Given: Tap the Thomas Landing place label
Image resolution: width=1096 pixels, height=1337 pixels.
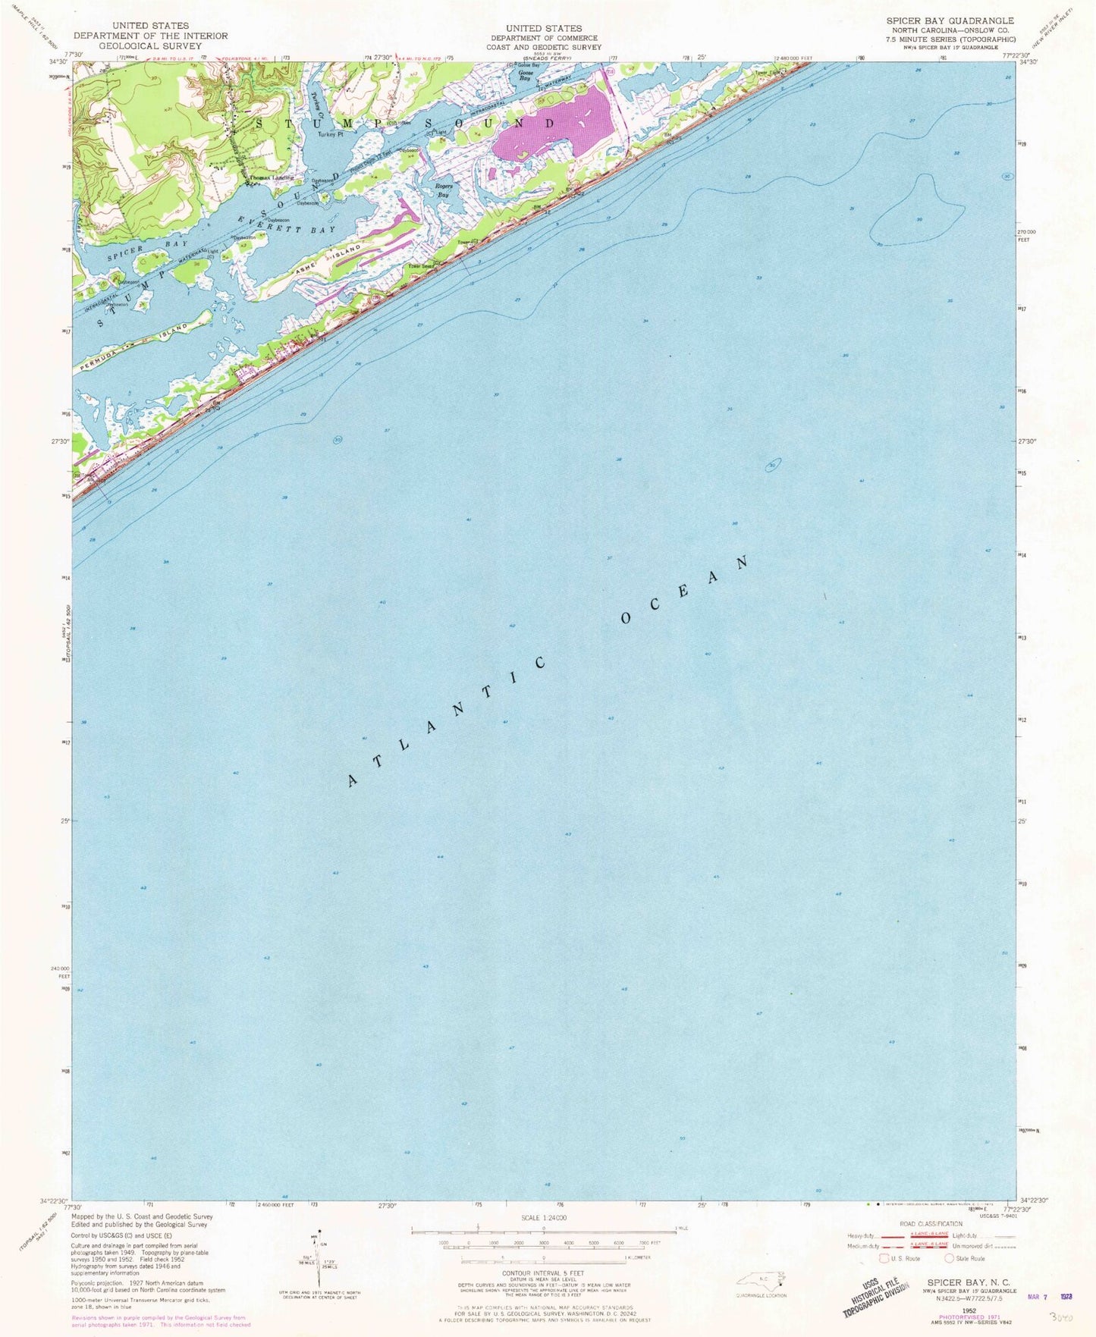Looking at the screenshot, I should tap(272, 178).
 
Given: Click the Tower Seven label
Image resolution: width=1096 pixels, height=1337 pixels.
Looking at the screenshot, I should tap(422, 266).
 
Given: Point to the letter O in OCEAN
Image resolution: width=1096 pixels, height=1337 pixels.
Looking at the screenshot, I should tap(627, 618).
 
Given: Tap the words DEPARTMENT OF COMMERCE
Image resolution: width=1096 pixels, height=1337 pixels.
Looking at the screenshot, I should tap(543, 38).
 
